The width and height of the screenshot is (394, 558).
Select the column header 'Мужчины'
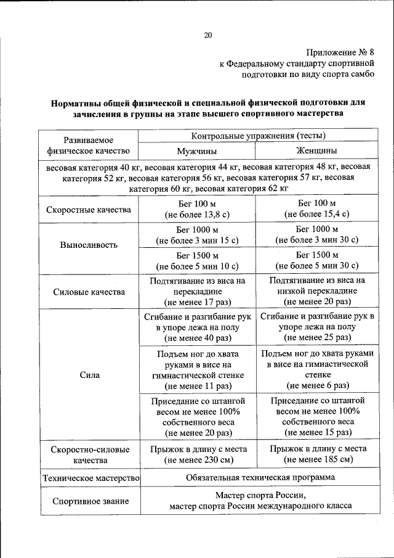coord(197,151)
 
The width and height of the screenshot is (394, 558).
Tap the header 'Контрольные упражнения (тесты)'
coord(259,136)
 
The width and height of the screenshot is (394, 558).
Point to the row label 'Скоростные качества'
coord(89,210)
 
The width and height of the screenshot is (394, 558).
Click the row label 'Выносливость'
coord(89,244)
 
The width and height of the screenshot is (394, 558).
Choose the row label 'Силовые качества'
coord(89,292)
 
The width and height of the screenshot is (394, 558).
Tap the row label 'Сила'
coord(89,374)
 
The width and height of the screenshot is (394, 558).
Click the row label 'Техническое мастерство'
coord(90,478)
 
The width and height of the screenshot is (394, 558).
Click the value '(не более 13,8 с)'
coord(197,215)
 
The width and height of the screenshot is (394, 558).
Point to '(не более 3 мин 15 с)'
coord(197,240)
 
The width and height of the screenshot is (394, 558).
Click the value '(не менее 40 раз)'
coord(197,338)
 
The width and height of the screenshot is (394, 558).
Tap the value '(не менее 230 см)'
coord(197,460)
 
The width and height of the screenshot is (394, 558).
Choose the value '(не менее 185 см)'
coord(318,460)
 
